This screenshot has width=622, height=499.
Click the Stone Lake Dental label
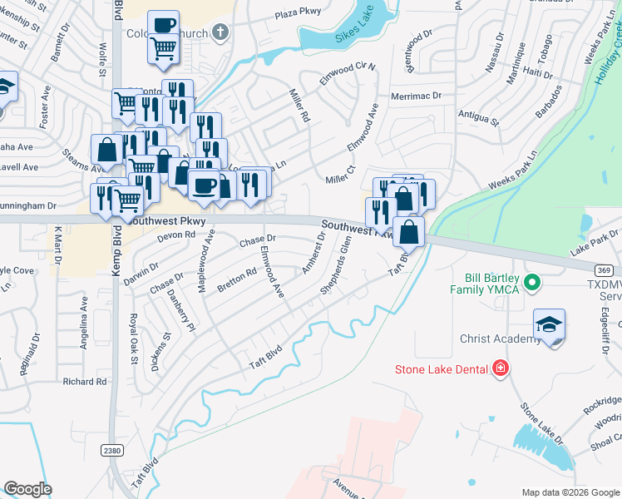[x=441, y=368]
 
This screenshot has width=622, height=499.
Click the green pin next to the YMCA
[x=532, y=284]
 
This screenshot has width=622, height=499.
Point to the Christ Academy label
[x=501, y=338]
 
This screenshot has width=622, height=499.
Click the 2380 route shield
[x=111, y=450]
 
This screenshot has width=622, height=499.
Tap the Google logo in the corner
[x=28, y=489]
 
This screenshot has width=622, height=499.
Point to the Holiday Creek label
[x=607, y=58]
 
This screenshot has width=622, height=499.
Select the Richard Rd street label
[x=85, y=382]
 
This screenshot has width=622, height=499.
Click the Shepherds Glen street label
[x=337, y=266]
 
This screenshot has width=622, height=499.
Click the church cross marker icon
[x=220, y=32]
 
